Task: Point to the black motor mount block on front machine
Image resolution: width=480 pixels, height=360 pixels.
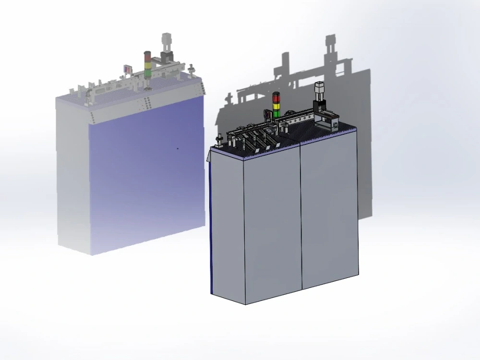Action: pyautogui.click(x=319, y=107)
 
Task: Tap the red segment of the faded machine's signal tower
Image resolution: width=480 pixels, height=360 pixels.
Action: pyautogui.click(x=147, y=54)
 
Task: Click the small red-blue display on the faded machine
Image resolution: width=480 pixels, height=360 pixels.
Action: pyautogui.click(x=127, y=69)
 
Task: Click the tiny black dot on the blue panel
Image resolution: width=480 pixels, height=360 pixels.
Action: pyautogui.click(x=178, y=148)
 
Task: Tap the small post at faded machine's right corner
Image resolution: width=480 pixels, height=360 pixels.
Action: pyautogui.click(x=191, y=69)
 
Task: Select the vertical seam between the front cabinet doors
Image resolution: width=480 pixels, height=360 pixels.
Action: pyautogui.click(x=301, y=216)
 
